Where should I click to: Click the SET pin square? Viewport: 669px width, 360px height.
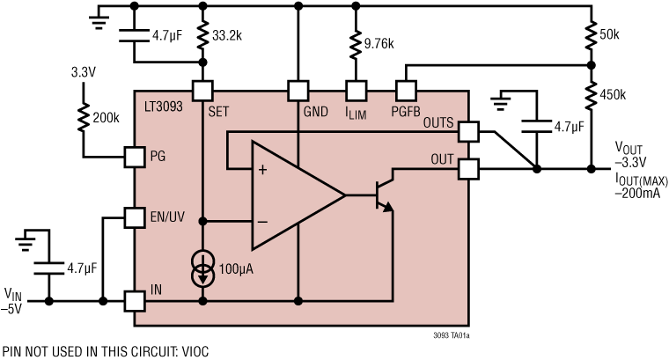click(x=203, y=90)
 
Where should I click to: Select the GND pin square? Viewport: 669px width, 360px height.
click(x=299, y=90)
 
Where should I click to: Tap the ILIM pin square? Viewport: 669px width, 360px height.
click(x=355, y=90)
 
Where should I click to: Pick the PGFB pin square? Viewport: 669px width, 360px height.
click(x=405, y=90)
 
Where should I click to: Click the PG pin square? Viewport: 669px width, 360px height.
click(x=134, y=157)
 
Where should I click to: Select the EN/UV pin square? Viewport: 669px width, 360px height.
click(x=134, y=217)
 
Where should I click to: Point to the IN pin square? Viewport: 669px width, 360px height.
click(x=134, y=300)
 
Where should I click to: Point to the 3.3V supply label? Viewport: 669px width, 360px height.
click(x=83, y=72)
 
